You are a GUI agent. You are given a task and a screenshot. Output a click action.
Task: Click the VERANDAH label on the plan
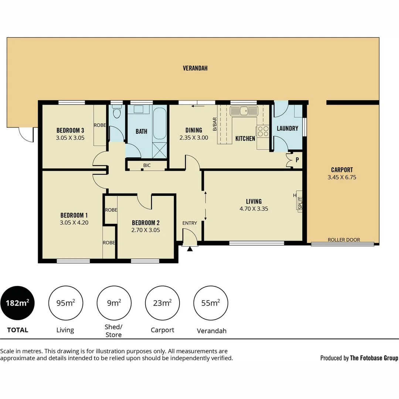tap(195, 68)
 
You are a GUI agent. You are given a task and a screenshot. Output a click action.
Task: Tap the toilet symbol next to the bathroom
tap(117, 112)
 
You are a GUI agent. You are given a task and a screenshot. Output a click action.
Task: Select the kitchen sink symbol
tap(243, 110)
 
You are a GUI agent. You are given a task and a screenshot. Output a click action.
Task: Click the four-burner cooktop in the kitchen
tap(263, 132)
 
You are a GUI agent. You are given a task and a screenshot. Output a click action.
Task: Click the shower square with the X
tap(160, 151)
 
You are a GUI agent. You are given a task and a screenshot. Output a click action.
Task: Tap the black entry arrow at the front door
tap(190, 249)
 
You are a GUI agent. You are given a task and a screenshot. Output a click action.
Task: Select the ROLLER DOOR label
tap(344, 240)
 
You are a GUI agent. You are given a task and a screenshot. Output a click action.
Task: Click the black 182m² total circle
tap(17, 303)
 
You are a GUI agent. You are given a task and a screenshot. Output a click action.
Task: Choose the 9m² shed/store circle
tap(114, 303)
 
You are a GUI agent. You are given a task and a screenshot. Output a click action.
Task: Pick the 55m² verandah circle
tap(211, 303)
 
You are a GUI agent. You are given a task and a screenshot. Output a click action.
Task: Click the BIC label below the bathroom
tap(147, 166)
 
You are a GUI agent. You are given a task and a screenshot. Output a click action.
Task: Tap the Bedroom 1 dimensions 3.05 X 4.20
tap(74, 223)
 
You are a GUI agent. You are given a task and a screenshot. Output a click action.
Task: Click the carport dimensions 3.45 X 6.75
tap(342, 177)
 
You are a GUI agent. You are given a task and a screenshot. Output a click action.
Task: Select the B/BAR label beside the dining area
tap(214, 125)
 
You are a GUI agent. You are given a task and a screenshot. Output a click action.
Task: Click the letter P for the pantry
tap(297, 160)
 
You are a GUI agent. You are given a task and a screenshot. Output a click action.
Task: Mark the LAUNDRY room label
tap(287, 129)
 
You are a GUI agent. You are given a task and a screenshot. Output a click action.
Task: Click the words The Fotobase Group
tap(374, 358)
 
